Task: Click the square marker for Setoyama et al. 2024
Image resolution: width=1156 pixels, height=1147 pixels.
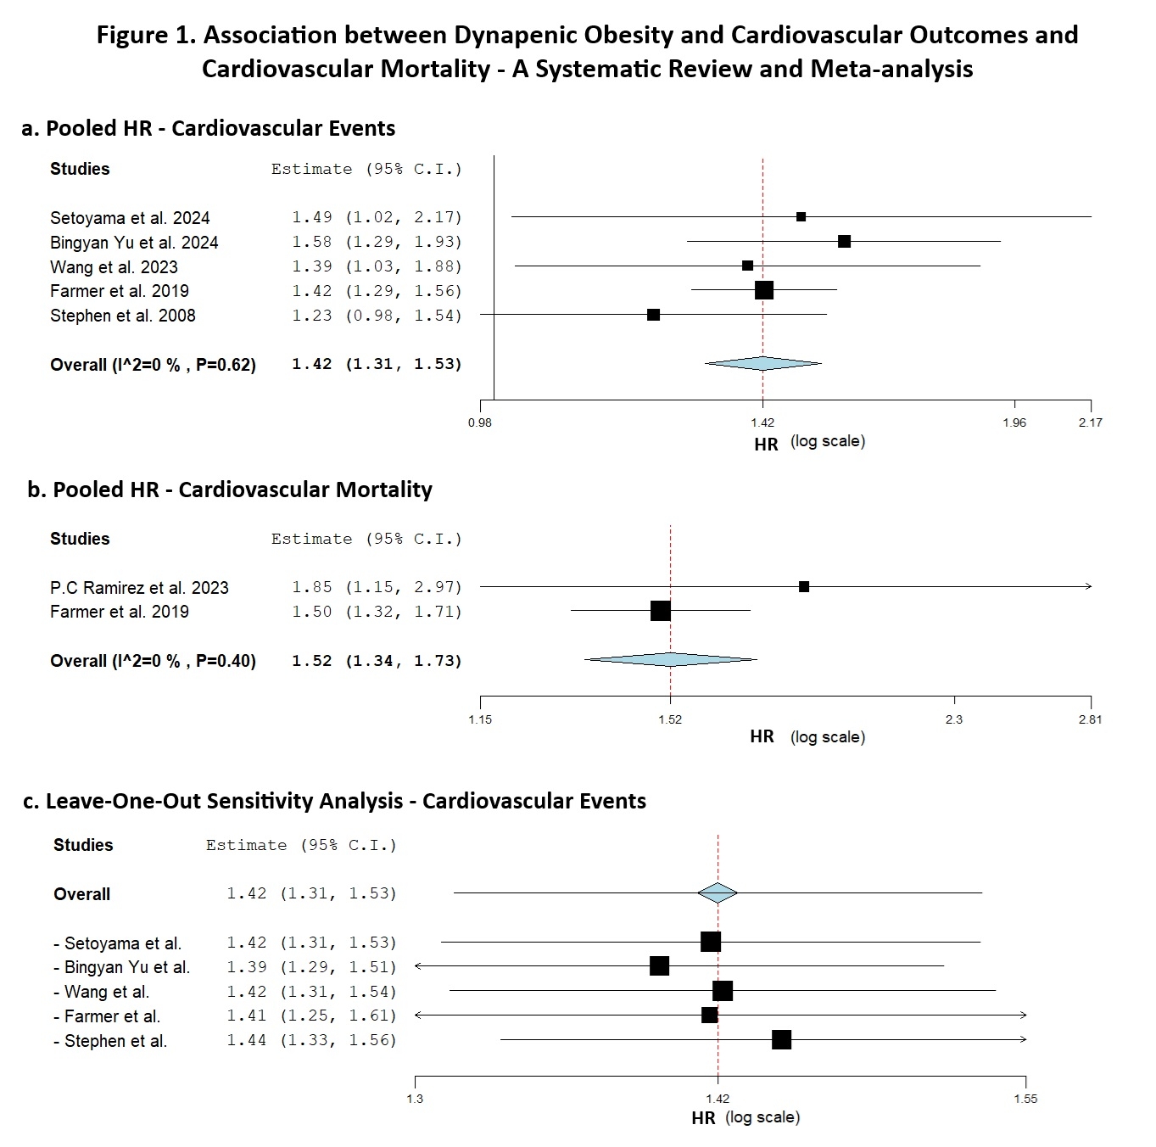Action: (801, 217)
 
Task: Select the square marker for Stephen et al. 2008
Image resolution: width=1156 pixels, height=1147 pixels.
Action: (653, 315)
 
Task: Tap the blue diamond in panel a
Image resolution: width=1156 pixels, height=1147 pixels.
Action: (763, 364)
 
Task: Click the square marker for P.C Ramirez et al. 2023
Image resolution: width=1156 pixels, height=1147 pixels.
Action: (804, 587)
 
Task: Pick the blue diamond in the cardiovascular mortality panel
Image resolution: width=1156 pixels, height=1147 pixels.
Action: (670, 660)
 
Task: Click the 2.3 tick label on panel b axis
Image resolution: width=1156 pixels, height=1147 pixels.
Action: (954, 719)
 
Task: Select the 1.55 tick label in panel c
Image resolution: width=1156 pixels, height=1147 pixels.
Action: (1025, 1099)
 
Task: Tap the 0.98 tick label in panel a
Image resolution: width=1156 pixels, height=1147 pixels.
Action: (480, 422)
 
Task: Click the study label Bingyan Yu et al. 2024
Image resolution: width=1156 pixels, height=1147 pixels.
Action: (134, 243)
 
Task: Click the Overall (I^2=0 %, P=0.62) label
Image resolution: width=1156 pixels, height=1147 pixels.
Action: (153, 365)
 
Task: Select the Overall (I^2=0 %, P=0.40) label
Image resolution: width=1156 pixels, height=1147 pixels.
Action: (153, 661)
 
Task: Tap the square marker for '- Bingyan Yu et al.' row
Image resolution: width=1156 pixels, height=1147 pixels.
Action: (659, 966)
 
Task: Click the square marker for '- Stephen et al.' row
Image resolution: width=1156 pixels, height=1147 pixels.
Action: (781, 1040)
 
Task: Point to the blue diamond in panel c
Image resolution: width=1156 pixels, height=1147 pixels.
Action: (718, 893)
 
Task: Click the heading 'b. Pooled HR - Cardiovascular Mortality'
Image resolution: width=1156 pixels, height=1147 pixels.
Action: (230, 490)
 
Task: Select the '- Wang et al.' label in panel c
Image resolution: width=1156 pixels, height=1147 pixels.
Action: (101, 992)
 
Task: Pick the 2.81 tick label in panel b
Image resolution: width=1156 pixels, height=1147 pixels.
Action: (1090, 719)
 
